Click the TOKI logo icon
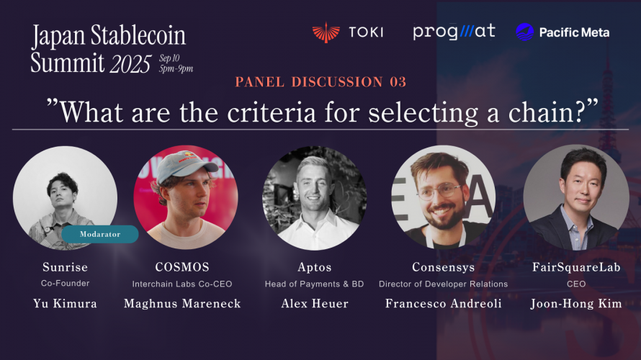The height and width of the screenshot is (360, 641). pyautogui.click(x=326, y=32)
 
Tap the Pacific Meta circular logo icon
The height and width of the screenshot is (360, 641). pyautogui.click(x=525, y=32)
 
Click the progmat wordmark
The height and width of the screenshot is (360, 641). pyautogui.click(x=454, y=32)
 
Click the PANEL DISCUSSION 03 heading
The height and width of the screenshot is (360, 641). pyautogui.click(x=320, y=82)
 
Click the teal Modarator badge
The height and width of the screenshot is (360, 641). pyautogui.click(x=100, y=234)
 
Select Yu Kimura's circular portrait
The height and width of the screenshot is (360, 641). pyautogui.click(x=65, y=198)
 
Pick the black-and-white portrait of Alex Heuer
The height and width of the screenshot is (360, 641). pyautogui.click(x=315, y=198)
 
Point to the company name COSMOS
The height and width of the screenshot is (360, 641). pyautogui.click(x=181, y=268)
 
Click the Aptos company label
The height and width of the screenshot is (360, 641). pyautogui.click(x=315, y=268)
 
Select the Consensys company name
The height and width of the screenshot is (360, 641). pyautogui.click(x=443, y=268)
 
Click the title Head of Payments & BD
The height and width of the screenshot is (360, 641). pyautogui.click(x=315, y=284)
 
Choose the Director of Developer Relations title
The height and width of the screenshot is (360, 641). pyautogui.click(x=443, y=284)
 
